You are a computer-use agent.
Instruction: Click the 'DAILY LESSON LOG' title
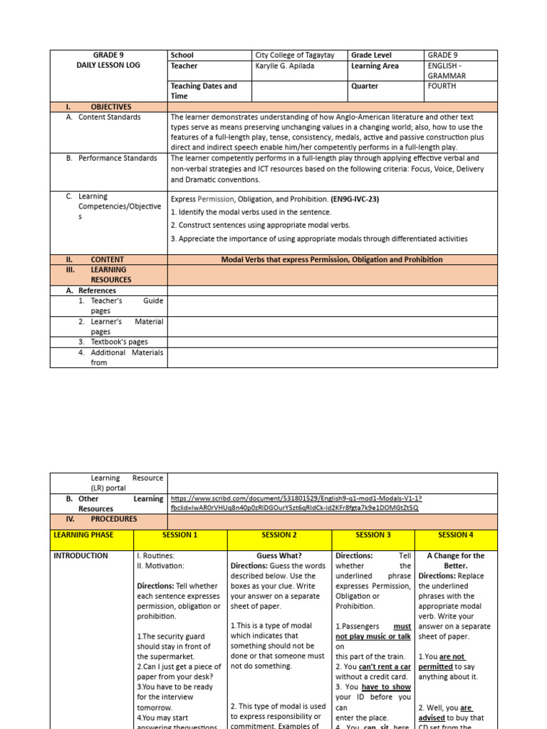pos(108,65)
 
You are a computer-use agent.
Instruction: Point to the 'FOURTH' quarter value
pos(442,86)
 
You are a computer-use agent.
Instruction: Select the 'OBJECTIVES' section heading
pos(110,107)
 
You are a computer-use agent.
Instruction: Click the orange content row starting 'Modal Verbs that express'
pos(332,260)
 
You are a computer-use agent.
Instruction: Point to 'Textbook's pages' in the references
pos(119,342)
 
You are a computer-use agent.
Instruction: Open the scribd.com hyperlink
pos(295,503)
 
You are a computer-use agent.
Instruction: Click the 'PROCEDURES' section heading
pos(114,519)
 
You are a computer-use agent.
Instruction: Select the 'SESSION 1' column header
pos(179,535)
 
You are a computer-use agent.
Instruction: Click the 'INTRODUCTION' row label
pos(81,556)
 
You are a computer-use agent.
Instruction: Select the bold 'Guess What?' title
pos(279,556)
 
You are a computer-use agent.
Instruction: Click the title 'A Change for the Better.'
pos(456,561)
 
